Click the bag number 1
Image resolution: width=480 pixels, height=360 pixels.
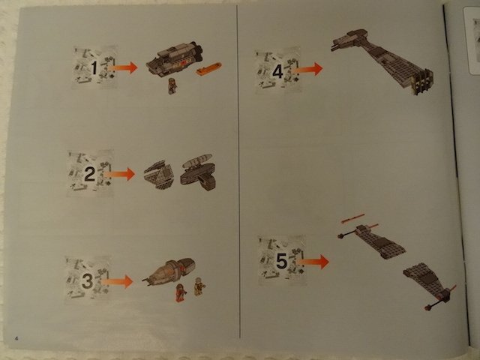pos(94,68)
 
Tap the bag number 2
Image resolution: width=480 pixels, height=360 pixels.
pos(89,174)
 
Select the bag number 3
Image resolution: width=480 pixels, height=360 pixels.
pos(87,280)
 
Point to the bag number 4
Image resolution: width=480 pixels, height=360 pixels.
pos(277,72)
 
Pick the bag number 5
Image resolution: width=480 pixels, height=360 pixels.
pos(282,261)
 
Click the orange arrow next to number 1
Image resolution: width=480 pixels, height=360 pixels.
pos(122,67)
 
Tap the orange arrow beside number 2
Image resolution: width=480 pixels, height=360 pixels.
pos(119,174)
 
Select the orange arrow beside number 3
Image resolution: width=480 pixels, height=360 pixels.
pos(117,281)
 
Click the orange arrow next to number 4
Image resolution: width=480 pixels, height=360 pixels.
pos(307,70)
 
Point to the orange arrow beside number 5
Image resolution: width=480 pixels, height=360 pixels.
pos(313,262)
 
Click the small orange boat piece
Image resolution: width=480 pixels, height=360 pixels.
pos(208,68)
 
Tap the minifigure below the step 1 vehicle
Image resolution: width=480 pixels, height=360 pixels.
pos(172,86)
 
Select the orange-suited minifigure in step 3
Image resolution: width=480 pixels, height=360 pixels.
pos(181,292)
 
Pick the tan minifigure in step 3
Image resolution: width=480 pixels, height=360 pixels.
pos(199,286)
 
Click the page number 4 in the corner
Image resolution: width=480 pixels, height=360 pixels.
pos(16,338)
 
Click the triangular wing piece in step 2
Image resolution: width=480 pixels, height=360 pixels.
pos(159,175)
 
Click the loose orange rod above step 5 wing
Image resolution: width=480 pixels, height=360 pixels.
pos(352,218)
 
